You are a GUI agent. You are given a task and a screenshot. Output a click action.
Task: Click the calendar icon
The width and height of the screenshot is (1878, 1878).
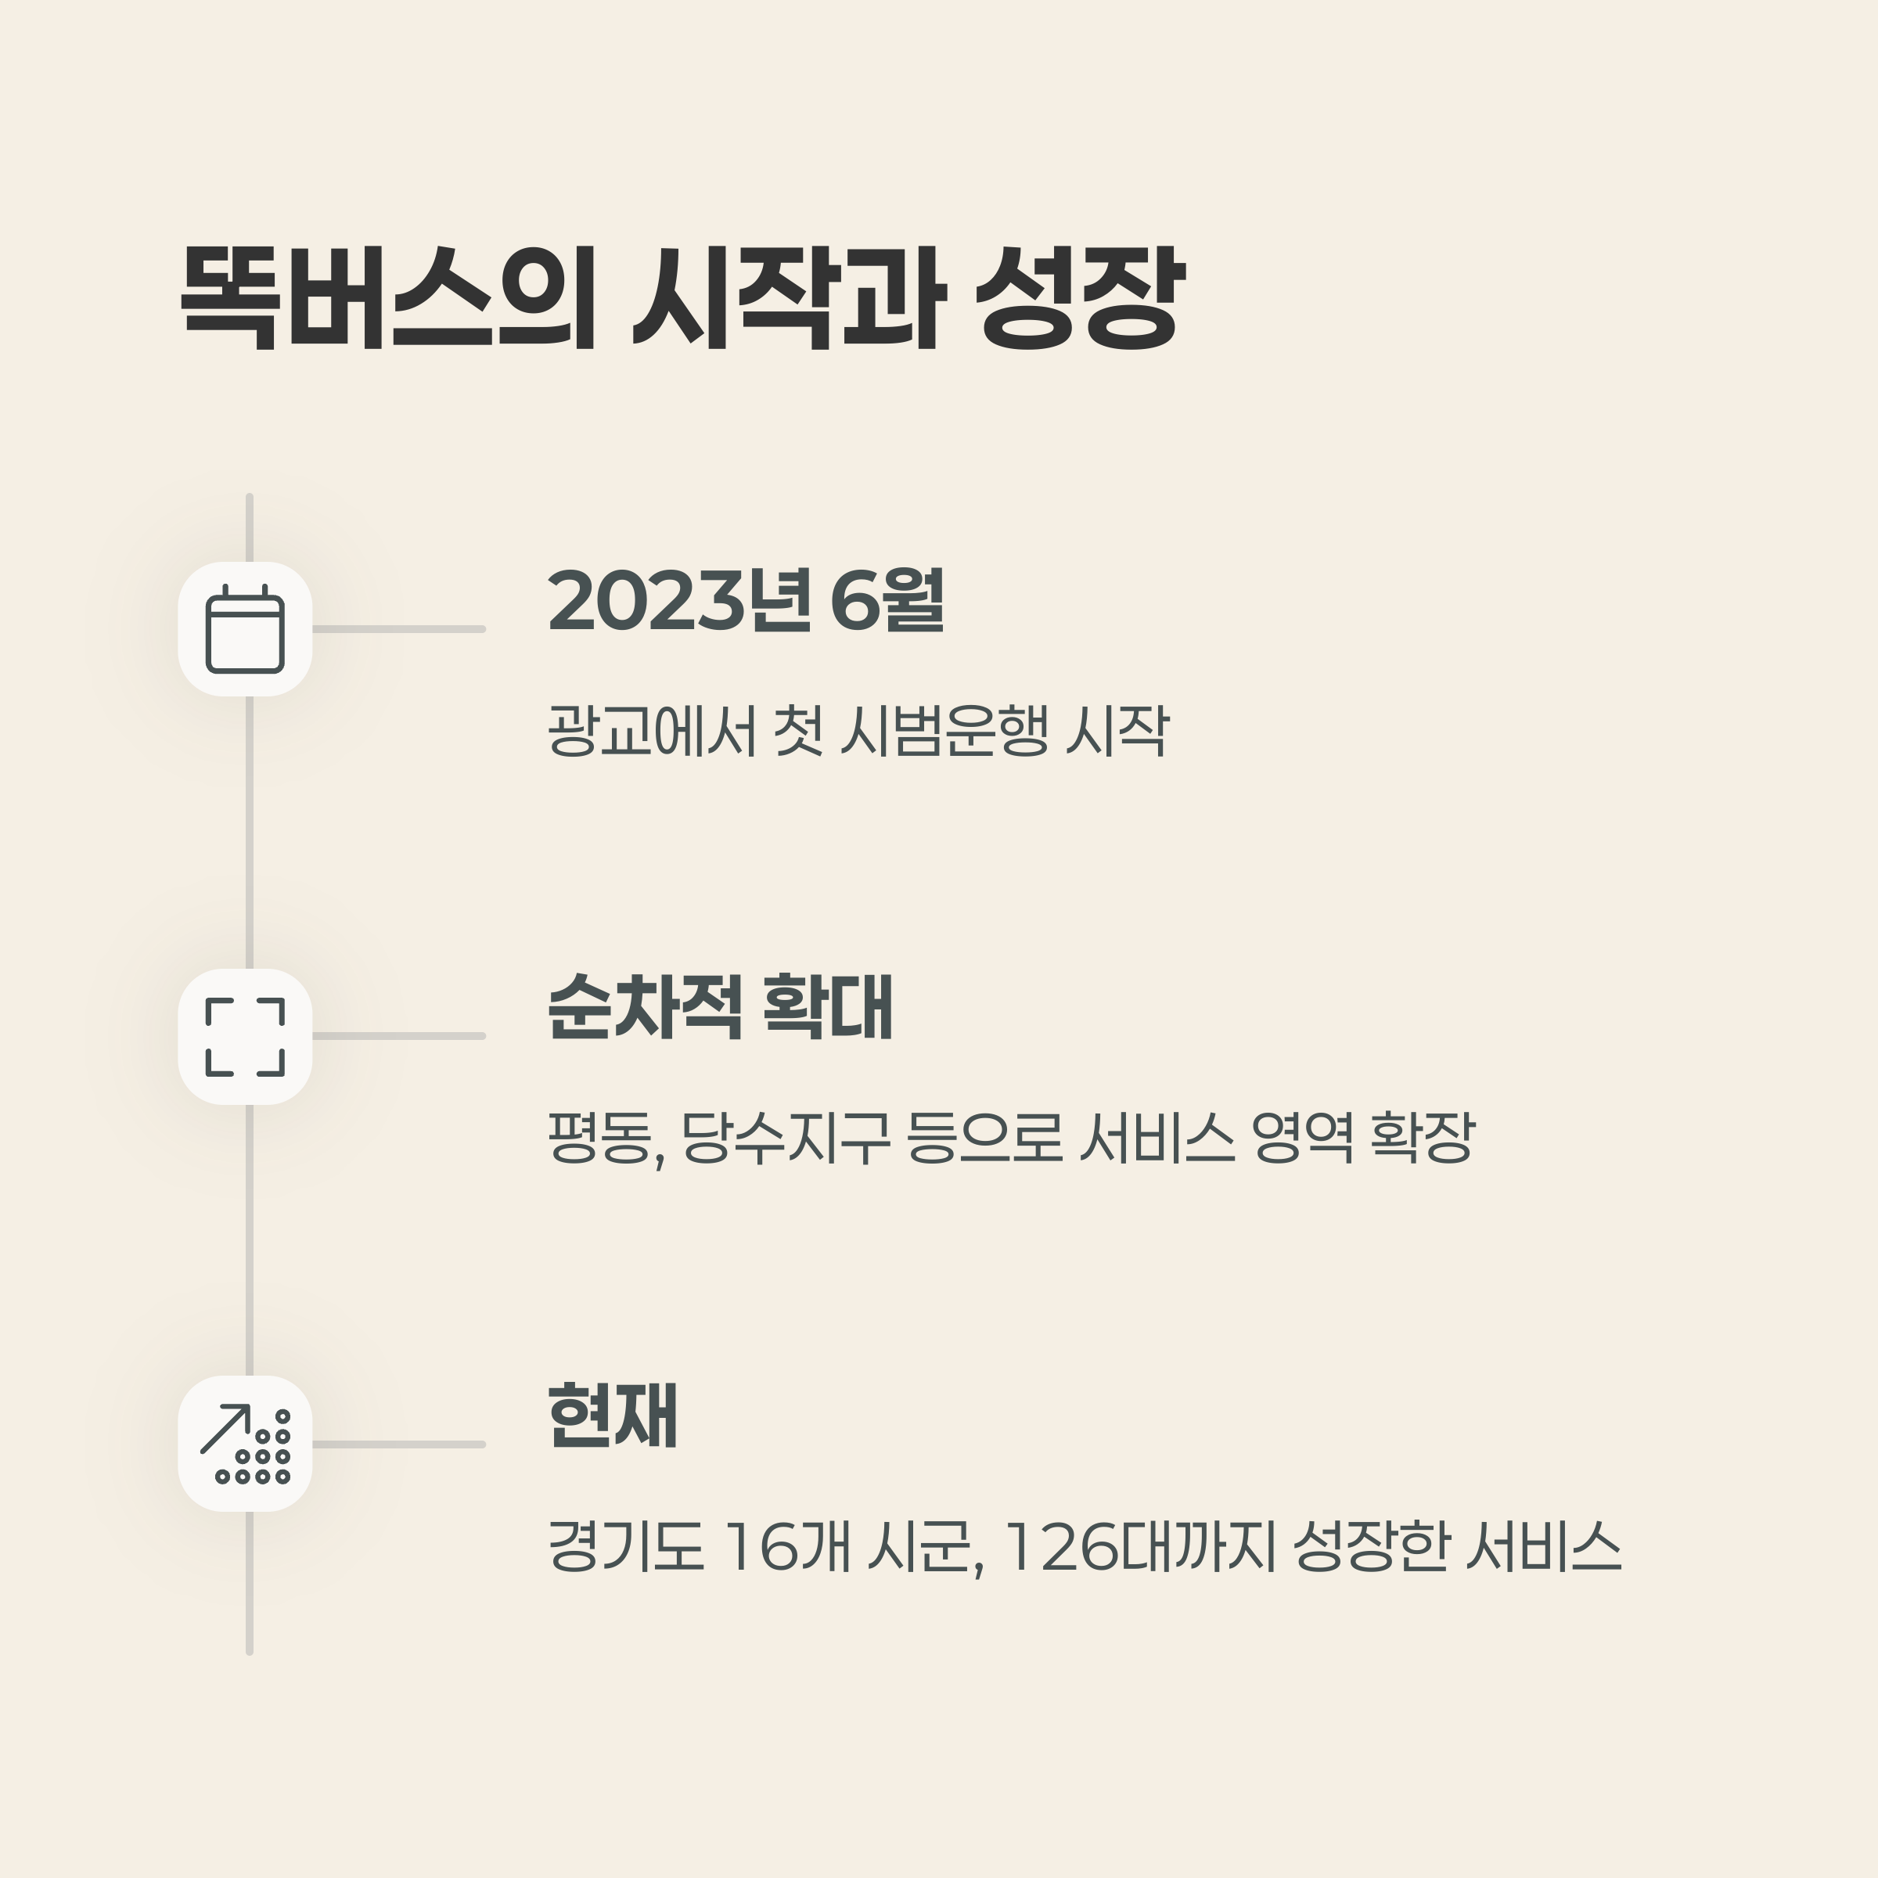[x=245, y=629]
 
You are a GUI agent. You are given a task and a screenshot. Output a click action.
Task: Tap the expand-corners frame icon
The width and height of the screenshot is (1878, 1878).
[x=245, y=1036]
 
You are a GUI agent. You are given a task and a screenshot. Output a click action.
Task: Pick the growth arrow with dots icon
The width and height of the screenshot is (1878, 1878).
[x=245, y=1444]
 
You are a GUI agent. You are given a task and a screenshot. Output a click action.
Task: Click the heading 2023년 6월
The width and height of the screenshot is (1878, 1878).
[x=746, y=602]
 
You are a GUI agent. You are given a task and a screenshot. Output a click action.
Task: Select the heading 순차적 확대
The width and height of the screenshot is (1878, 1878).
[x=719, y=1008]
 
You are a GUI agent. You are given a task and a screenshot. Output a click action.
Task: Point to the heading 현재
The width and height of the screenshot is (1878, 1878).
[x=613, y=1416]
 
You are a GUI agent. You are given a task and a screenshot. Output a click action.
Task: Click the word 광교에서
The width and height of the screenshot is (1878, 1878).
[x=651, y=730]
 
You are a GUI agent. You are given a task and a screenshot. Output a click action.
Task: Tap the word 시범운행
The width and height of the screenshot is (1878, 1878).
[x=944, y=730]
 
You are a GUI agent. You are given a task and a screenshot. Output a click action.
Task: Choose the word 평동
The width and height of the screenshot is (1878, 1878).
[x=603, y=1137]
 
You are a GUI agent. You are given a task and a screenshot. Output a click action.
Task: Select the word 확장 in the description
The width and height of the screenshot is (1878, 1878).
[x=1422, y=1137]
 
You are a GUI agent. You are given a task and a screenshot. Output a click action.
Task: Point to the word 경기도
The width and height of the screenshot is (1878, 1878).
[x=625, y=1545]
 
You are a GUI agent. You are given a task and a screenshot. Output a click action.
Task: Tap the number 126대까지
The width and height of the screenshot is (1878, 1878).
[x=1137, y=1545]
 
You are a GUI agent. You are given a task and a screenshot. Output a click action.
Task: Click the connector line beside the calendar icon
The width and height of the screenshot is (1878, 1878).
[x=398, y=629]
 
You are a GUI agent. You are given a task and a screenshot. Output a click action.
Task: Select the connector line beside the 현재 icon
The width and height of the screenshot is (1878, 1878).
[x=398, y=1444]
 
